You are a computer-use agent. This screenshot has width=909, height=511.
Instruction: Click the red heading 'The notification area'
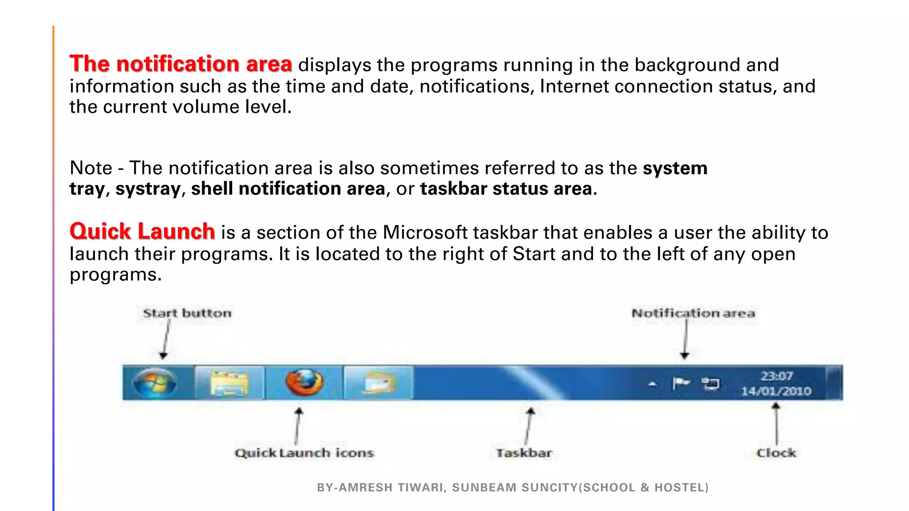(x=181, y=64)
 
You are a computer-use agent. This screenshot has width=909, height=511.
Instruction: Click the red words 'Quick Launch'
(x=142, y=232)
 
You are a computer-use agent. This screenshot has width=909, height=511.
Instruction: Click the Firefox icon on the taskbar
(x=304, y=382)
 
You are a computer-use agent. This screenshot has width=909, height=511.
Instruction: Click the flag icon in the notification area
(x=680, y=383)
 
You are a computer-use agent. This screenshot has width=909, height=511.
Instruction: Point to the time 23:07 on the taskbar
(x=776, y=376)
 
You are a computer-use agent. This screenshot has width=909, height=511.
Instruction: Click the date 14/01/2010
(x=776, y=391)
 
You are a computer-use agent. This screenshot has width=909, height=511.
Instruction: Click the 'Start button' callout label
(x=187, y=313)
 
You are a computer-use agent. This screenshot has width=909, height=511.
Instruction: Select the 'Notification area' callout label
(x=693, y=313)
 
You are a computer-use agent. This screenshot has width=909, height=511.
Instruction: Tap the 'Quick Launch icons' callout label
(x=304, y=453)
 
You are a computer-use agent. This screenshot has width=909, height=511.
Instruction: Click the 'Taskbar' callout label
(x=524, y=453)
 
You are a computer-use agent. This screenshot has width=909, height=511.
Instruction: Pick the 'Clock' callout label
(x=776, y=453)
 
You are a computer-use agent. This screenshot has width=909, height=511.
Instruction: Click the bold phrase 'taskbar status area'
(x=506, y=189)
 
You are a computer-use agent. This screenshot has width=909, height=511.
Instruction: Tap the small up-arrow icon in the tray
(x=652, y=384)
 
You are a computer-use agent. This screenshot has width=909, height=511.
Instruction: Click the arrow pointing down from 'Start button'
(x=166, y=339)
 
